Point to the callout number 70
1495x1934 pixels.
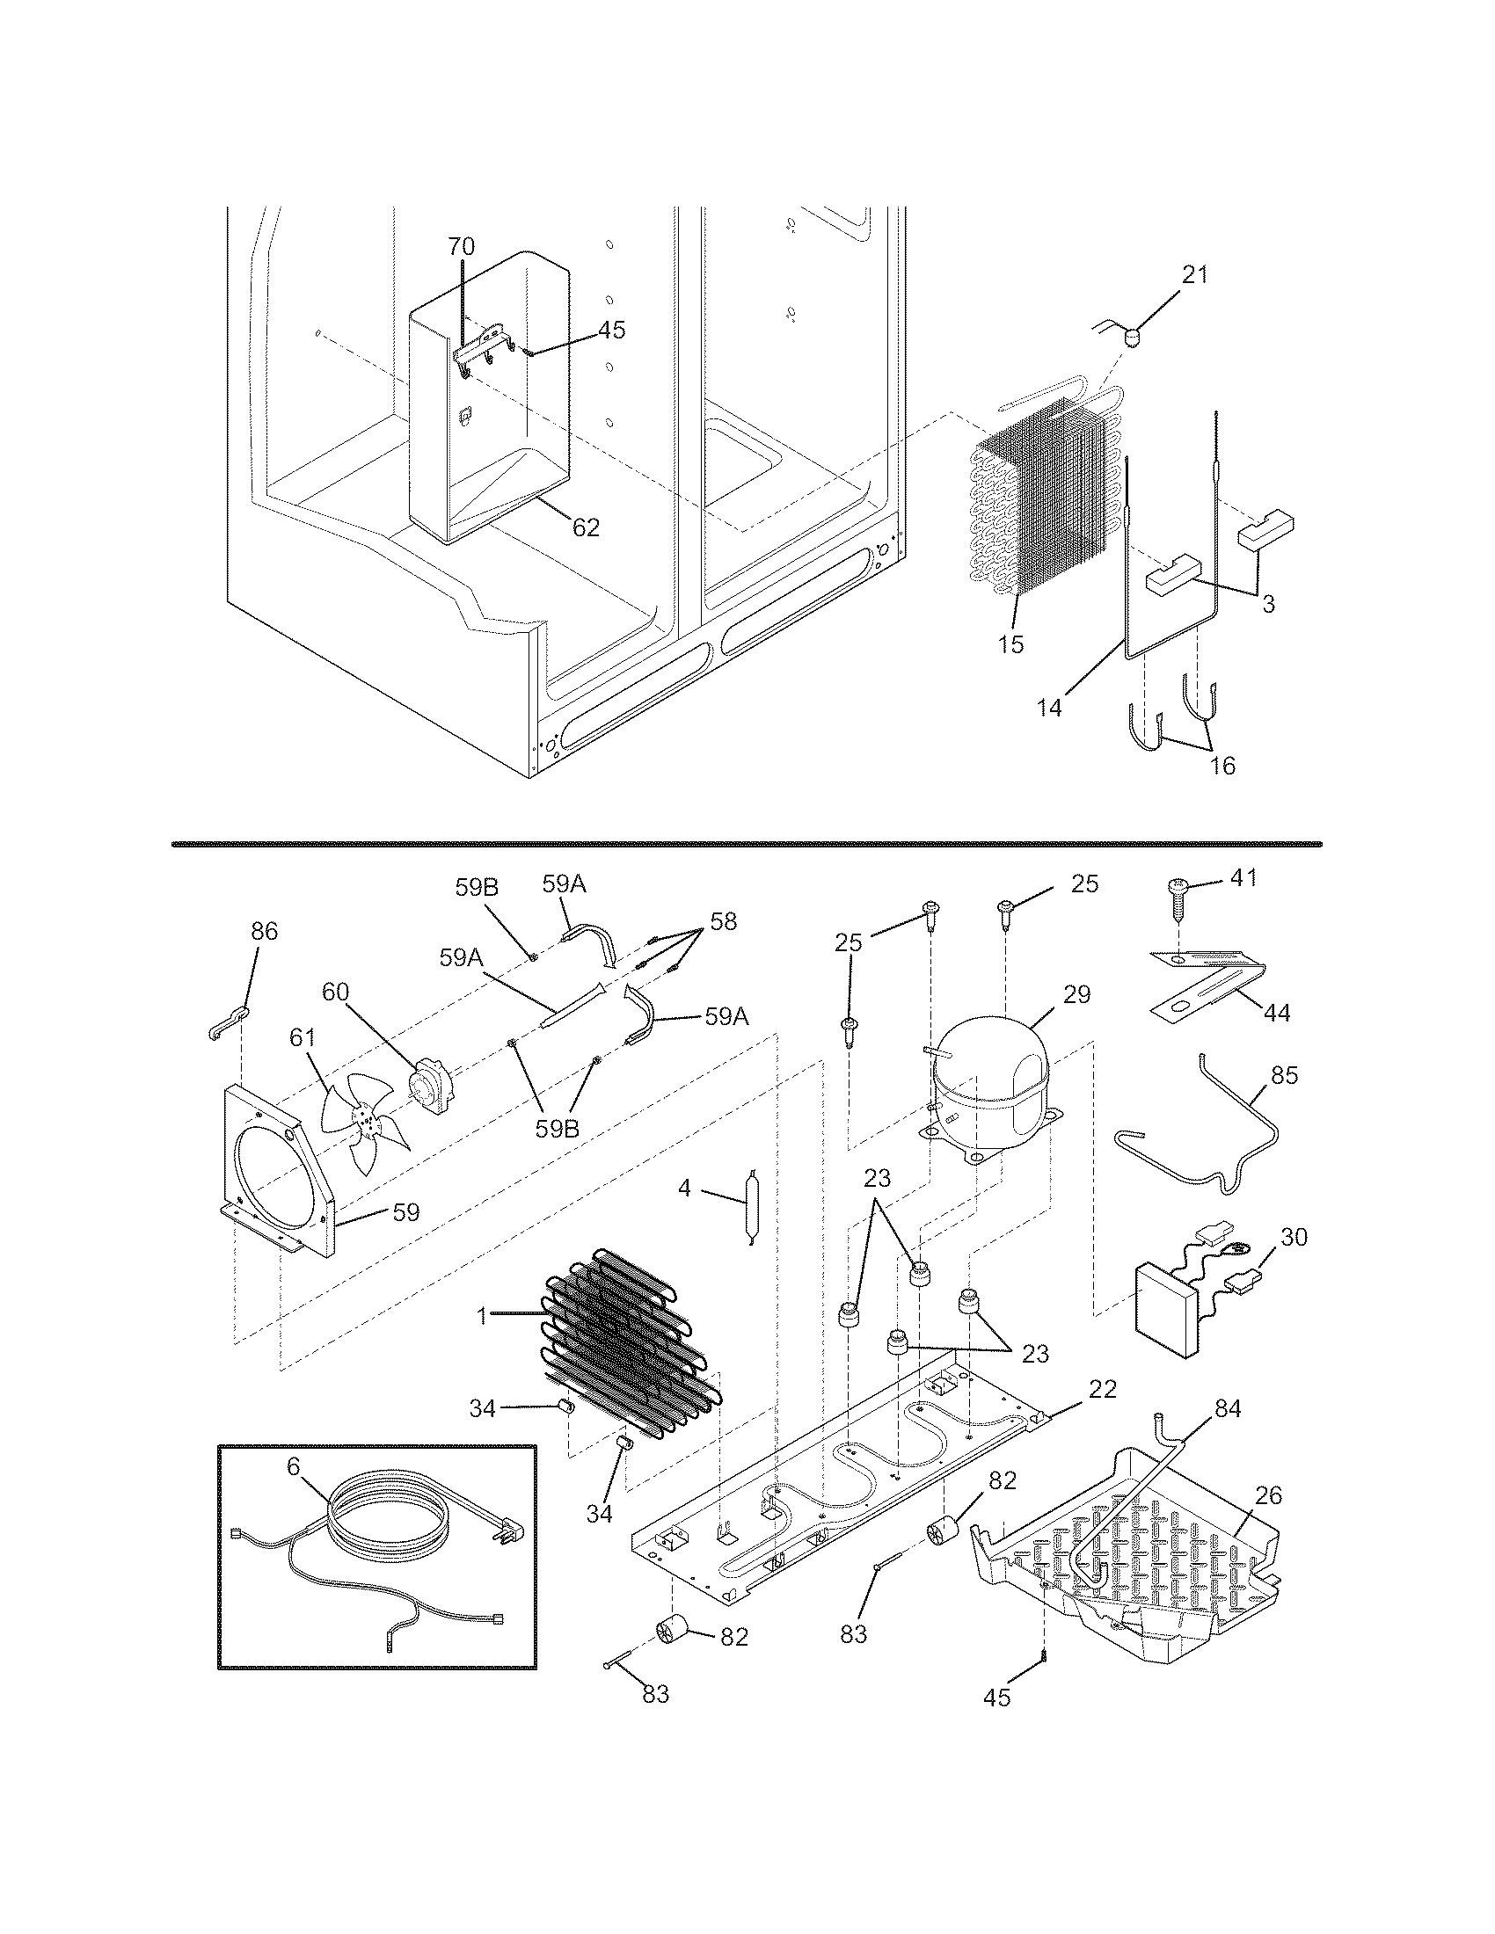point(461,246)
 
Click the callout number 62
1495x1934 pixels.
point(586,527)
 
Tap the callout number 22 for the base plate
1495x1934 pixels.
point(1103,1388)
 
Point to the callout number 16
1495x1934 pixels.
point(1222,765)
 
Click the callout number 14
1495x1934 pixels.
point(1049,709)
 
